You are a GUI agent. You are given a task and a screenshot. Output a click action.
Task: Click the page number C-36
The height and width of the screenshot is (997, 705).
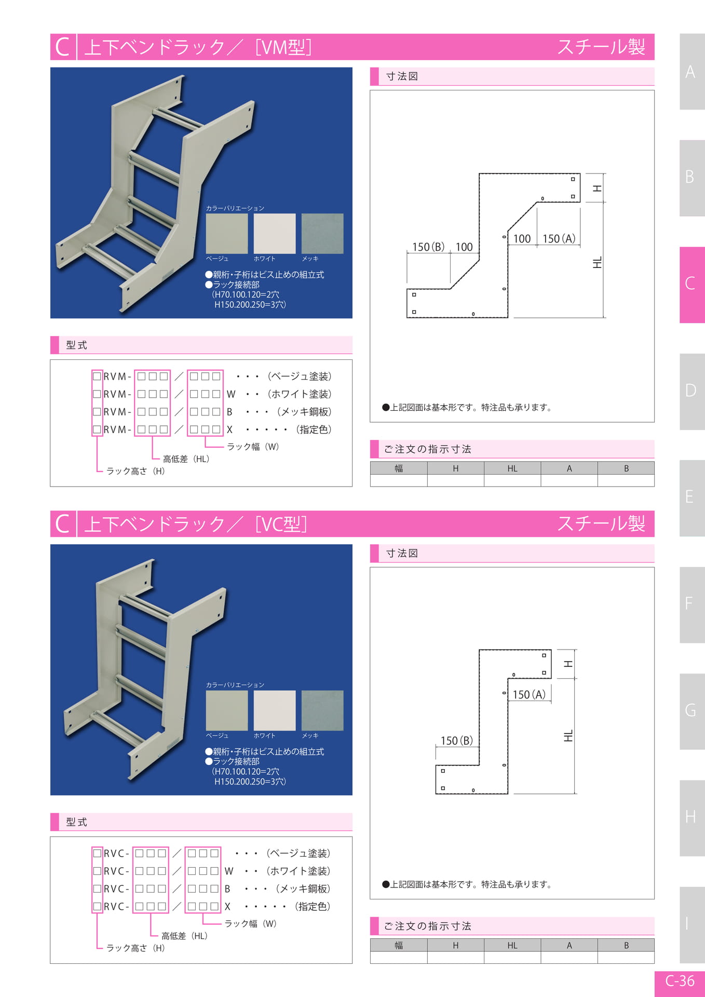(x=680, y=980)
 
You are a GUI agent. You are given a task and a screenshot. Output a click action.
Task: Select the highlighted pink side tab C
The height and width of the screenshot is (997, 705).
(x=692, y=285)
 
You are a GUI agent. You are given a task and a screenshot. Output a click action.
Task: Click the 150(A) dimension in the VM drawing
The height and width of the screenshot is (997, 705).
(x=559, y=239)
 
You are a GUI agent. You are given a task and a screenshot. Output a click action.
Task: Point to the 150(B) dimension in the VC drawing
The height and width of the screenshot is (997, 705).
(x=457, y=740)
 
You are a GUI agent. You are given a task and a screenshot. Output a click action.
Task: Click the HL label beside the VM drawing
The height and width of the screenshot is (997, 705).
(x=598, y=262)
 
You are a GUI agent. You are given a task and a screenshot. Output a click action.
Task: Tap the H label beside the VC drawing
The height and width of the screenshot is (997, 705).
(x=568, y=664)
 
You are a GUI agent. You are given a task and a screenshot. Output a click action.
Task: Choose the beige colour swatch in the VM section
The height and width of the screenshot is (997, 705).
(x=227, y=234)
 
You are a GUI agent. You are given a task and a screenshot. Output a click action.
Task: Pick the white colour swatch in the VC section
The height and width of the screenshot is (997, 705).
(x=275, y=710)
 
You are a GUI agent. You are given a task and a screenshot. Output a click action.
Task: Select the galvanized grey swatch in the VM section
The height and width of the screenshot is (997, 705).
(x=322, y=234)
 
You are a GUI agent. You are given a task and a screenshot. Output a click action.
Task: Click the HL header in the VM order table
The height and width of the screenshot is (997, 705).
(x=512, y=468)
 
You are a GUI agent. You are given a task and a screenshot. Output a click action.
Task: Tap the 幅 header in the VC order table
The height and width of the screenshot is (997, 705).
(x=399, y=945)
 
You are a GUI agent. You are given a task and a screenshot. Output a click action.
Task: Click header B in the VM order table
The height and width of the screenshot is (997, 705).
(x=626, y=468)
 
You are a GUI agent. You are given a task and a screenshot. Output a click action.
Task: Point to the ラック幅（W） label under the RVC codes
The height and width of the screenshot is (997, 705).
(x=251, y=923)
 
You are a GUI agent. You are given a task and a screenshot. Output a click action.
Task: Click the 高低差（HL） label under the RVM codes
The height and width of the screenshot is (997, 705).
(x=186, y=459)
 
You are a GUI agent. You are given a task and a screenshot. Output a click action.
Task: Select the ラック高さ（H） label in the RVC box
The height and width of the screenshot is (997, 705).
(x=136, y=948)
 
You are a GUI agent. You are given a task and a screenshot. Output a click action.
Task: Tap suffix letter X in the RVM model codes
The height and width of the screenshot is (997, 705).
(x=229, y=429)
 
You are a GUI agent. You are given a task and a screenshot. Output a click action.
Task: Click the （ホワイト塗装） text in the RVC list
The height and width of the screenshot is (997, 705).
(x=299, y=871)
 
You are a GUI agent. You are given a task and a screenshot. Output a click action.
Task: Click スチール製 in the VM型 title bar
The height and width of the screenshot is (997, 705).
(x=601, y=47)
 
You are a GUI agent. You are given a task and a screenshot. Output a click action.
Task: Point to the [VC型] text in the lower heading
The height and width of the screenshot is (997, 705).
(x=281, y=524)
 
